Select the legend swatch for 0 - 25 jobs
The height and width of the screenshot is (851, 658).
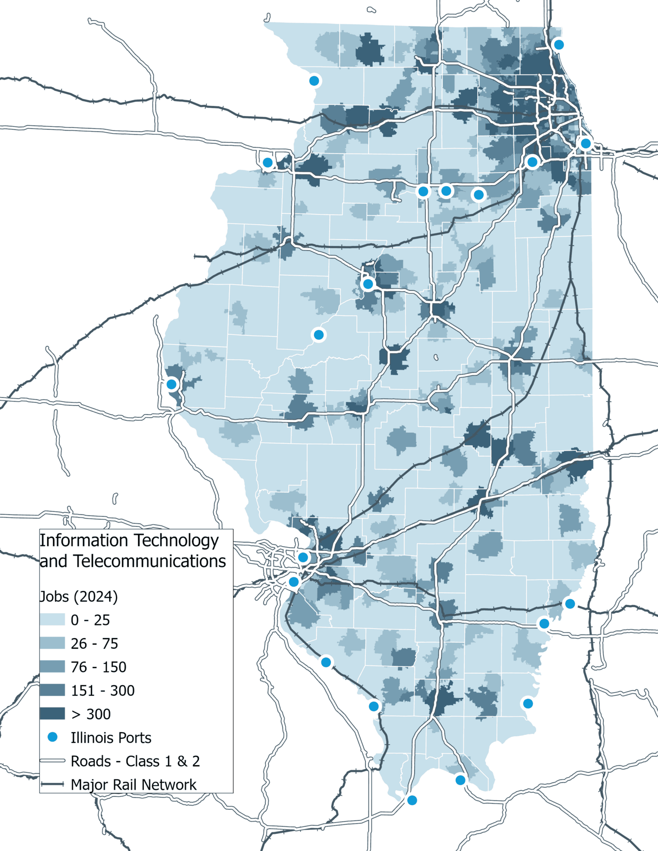[x=52, y=620]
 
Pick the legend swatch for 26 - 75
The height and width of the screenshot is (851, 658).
[x=52, y=643]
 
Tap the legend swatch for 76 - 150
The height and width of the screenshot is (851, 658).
[x=52, y=667]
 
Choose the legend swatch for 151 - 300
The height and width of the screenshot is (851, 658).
[x=52, y=690]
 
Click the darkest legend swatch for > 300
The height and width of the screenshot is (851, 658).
[x=52, y=714]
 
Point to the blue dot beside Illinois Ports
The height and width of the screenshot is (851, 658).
[x=52, y=737]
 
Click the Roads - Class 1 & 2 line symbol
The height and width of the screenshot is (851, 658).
[x=52, y=761]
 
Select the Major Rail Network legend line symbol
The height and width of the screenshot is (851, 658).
[x=52, y=784]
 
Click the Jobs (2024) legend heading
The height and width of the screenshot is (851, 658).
[x=78, y=596]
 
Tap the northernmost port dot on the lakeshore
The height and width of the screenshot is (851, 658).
[x=559, y=44]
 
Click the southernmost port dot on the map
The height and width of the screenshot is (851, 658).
[x=412, y=800]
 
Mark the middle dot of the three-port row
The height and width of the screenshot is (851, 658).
[x=446, y=191]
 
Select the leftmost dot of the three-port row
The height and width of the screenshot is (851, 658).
[x=423, y=191]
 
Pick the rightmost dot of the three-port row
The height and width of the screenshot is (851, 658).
[x=478, y=194]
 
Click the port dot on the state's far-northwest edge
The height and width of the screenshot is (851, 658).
[x=314, y=80]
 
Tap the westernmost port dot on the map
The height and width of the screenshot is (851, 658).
[x=171, y=384]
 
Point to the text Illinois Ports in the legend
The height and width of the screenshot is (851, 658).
[x=111, y=738]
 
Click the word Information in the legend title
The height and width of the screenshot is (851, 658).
[x=84, y=540]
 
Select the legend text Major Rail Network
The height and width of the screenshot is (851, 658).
[x=133, y=785]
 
